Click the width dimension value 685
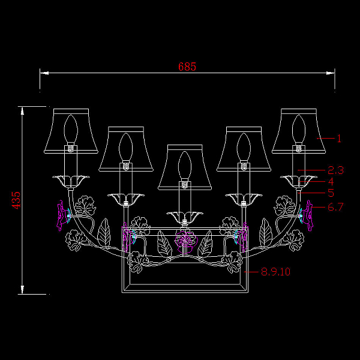point(187,67)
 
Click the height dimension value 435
point(16,200)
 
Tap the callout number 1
point(339,139)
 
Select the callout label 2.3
point(335,170)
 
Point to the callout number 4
point(331,181)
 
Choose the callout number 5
point(331,193)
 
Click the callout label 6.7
point(335,207)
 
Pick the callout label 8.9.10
point(276,272)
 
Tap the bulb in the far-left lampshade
point(71,130)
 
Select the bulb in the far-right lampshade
point(299,130)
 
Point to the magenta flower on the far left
point(63,215)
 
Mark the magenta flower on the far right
point(307,215)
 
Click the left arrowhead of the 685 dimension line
point(44,73)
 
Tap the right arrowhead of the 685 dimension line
point(331,73)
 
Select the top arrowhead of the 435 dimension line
point(22,111)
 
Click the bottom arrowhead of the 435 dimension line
point(22,290)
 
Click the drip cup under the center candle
point(185,217)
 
